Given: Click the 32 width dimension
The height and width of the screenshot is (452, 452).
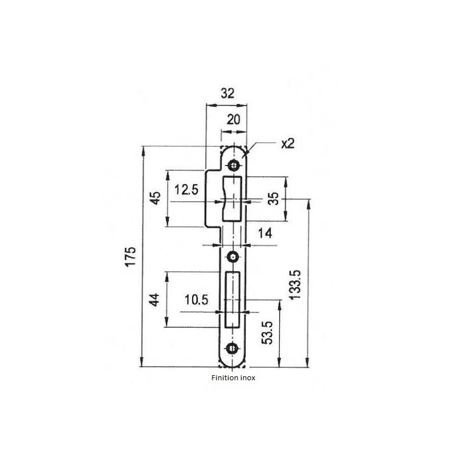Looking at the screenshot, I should pos(227,94).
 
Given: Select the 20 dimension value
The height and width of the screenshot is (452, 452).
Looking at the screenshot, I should pos(233,119).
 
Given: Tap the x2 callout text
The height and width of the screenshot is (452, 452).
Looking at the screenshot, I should pos(288,144).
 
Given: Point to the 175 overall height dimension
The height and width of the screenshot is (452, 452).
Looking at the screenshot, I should pos(131,258).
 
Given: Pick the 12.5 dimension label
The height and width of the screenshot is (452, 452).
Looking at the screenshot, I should pos(186,190).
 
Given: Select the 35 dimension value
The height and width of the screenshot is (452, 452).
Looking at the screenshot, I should pos(272,199).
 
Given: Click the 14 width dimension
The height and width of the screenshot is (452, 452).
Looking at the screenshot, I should pos(264,233).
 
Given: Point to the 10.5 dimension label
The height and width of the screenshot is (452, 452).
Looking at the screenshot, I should pos(196,300).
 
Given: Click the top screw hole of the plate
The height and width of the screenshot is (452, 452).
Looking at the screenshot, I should pos(232,165).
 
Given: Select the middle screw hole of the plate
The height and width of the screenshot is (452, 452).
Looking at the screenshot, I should pos(232,257).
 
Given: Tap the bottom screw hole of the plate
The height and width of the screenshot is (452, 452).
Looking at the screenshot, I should pos(232,349).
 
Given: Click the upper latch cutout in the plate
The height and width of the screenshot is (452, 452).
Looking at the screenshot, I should pos(233,198).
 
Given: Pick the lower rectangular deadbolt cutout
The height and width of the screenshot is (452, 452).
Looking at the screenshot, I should pos(233,299).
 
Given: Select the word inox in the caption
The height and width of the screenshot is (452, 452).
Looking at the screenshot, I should pos(247,379).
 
